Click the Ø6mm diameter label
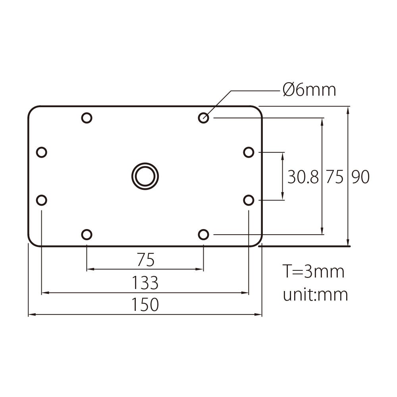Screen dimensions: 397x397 click(x=309, y=91)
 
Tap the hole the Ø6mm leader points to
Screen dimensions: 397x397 click(x=204, y=118)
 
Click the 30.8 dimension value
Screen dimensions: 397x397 click(x=303, y=177)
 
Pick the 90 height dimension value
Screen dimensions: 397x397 click(x=360, y=177)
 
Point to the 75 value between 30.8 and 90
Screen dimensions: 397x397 click(x=334, y=177)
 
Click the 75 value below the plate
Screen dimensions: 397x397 click(x=145, y=260)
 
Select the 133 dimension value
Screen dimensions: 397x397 click(x=145, y=283)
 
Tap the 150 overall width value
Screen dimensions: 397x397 click(x=145, y=304)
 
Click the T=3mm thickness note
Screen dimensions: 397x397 click(x=313, y=272)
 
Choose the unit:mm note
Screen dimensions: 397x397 click(x=315, y=295)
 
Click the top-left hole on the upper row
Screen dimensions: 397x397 click(x=87, y=118)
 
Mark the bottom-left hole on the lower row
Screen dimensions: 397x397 click(x=87, y=235)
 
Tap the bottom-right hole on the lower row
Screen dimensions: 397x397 click(x=204, y=235)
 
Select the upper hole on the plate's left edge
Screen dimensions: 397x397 click(x=41, y=152)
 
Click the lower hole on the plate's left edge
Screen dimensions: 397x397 click(x=41, y=200)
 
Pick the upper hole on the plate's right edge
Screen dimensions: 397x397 click(x=249, y=152)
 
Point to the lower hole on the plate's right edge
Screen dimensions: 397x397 click(x=249, y=200)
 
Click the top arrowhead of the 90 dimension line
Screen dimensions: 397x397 click(x=348, y=110)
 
